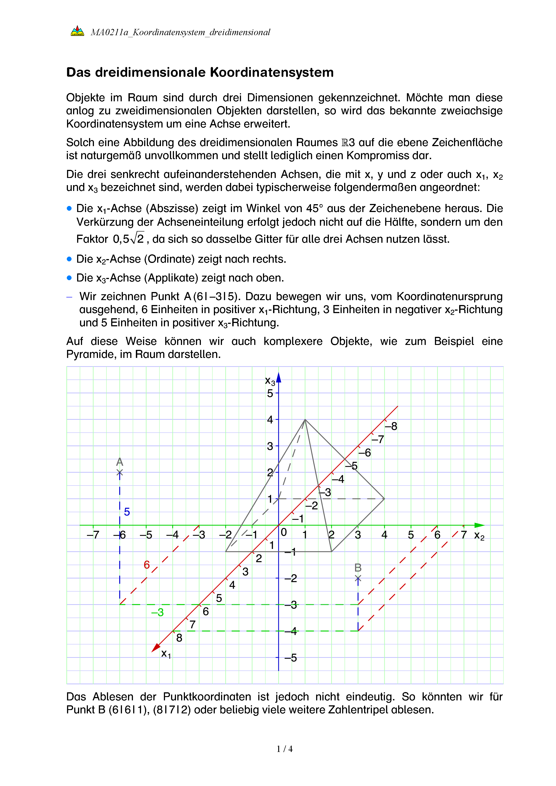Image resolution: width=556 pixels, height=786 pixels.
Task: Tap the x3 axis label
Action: [270, 381]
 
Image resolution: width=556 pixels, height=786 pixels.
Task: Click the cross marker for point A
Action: [119, 473]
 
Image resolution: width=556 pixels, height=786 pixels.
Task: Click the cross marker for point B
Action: [358, 578]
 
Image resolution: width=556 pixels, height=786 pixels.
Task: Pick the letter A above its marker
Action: [119, 462]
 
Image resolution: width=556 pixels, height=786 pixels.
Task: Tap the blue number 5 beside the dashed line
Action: [127, 512]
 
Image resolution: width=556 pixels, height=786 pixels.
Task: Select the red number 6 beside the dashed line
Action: [147, 565]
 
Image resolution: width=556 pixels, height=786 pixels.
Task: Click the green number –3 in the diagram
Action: [157, 612]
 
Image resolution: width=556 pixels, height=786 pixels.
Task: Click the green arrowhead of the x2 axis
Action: [480, 525]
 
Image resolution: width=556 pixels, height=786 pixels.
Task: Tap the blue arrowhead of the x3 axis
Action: [279, 378]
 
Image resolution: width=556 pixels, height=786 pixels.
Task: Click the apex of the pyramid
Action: [305, 419]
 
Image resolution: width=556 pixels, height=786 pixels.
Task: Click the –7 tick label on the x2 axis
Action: [93, 535]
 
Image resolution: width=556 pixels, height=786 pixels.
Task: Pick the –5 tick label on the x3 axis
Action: [291, 658]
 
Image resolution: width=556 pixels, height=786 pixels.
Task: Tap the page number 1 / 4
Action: [285, 749]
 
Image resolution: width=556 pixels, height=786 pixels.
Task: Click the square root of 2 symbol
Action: [138, 238]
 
